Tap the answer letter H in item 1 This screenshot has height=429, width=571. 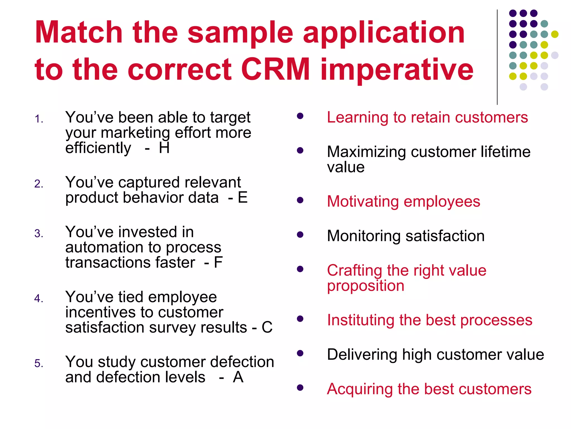click(x=164, y=148)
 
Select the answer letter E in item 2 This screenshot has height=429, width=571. click(x=243, y=197)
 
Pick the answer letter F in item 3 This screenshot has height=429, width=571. click(x=218, y=262)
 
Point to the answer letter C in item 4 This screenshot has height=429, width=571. click(x=267, y=327)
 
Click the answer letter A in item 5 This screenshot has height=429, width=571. click(x=238, y=377)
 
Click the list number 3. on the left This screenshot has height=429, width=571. click(x=39, y=233)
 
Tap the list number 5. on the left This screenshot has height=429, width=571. click(x=39, y=363)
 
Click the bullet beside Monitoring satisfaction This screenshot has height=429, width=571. click(x=300, y=235)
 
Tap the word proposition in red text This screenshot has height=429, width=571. click(x=365, y=286)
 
